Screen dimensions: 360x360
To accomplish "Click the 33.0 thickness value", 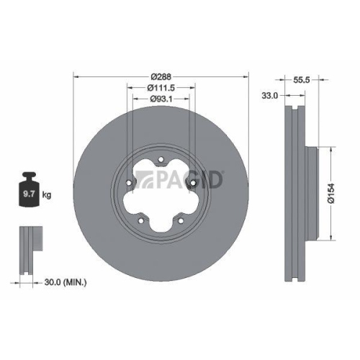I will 270,95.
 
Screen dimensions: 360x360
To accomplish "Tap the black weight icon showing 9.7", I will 30,190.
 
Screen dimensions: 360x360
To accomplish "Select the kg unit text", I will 46,194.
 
